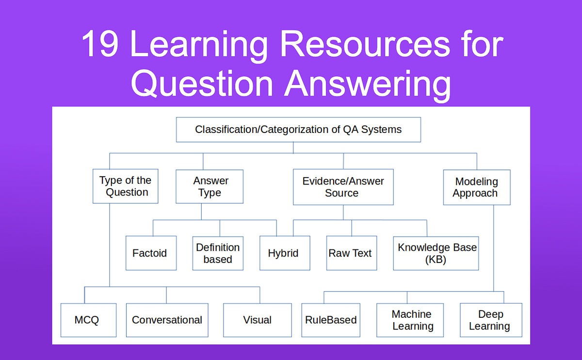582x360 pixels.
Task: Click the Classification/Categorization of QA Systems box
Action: pyautogui.click(x=298, y=130)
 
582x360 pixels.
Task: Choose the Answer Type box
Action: pyautogui.click(x=210, y=186)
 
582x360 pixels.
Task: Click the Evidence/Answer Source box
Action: pyautogui.click(x=343, y=187)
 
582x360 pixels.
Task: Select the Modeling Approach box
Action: pyautogui.click(x=476, y=187)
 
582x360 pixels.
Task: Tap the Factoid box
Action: pyautogui.click(x=150, y=253)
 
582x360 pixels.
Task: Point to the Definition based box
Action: pyautogui.click(x=218, y=253)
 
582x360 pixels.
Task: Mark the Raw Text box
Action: pyautogui.click(x=351, y=253)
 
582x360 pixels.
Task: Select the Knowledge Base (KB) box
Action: pyautogui.click(x=436, y=253)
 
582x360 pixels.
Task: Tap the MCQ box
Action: pyautogui.click(x=88, y=320)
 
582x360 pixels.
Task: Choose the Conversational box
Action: pyautogui.click(x=167, y=320)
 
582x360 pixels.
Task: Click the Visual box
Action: pyautogui.click(x=258, y=320)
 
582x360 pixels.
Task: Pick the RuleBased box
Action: pyautogui.click(x=331, y=320)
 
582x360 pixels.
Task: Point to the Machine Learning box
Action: pyautogui.click(x=412, y=320)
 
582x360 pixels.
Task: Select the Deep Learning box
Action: pyautogui.click(x=490, y=320)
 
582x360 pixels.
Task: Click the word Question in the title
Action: pyautogui.click(x=203, y=84)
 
